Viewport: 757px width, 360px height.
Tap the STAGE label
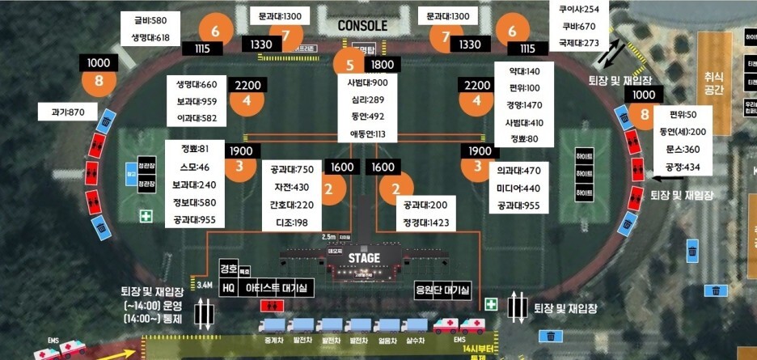(x=364, y=258)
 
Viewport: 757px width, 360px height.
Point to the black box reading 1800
(x=383, y=65)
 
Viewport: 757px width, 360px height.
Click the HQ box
(x=228, y=286)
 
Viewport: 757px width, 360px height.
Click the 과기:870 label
(x=68, y=112)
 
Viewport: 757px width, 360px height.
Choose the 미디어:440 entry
(x=520, y=188)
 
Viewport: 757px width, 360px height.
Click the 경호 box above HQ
(x=228, y=269)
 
